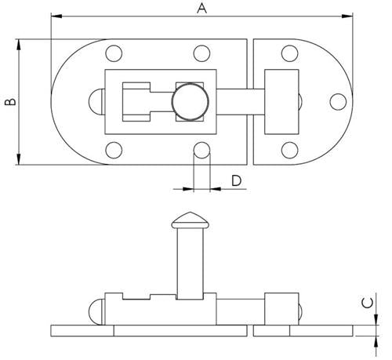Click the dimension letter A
[201, 9]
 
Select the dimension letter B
[8, 102]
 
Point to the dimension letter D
[236, 181]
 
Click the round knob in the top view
[191, 103]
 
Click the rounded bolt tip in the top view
[97, 103]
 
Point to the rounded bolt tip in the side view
[97, 311]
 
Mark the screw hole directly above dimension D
[201, 150]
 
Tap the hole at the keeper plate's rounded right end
[338, 102]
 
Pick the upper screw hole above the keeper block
[289, 54]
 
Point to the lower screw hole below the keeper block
[289, 150]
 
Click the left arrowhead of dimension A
[55, 16]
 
